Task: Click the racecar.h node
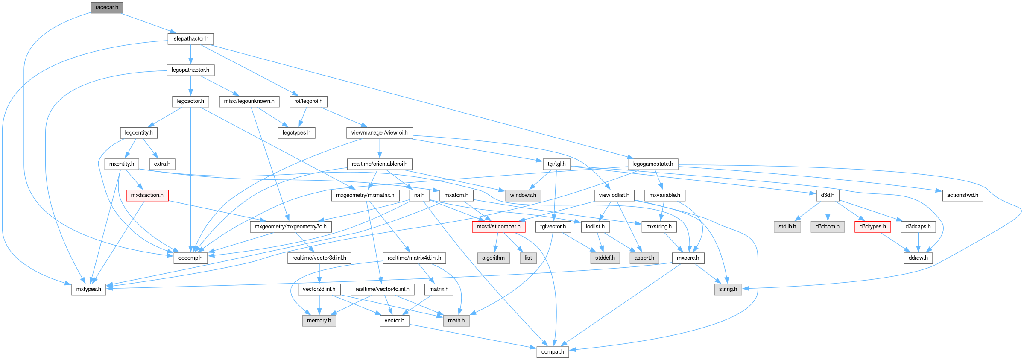[x=107, y=7]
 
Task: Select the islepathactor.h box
[x=190, y=39]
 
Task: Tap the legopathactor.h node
[x=190, y=70]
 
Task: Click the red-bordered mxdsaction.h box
[x=147, y=195]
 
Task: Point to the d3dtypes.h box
[x=872, y=227]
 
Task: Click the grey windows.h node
[x=523, y=195]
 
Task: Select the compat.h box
[x=553, y=352]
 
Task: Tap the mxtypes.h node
[x=89, y=289]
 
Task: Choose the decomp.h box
[x=190, y=258]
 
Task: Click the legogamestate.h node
[x=652, y=164]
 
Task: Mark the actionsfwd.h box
[x=963, y=195]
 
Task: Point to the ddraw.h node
[x=918, y=258]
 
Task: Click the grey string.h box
[x=728, y=289]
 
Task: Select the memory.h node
[x=319, y=321]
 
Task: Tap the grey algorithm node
[x=493, y=258]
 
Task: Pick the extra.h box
[x=162, y=164]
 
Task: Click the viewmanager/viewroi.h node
[x=379, y=133]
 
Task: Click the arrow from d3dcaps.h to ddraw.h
[x=918, y=243]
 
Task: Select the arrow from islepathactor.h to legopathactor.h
[x=190, y=55]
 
